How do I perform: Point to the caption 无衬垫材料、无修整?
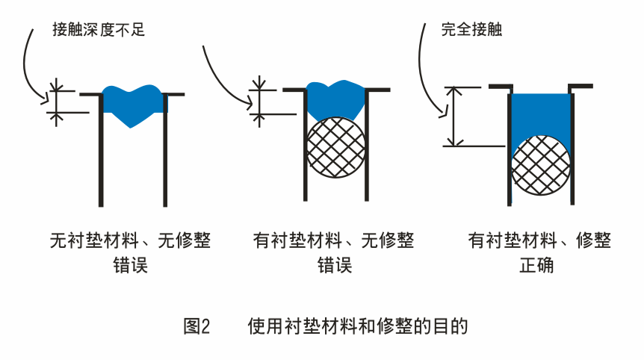click(130, 241)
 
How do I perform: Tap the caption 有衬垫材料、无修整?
click(334, 241)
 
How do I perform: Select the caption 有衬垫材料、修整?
click(539, 241)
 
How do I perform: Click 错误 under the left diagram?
click(129, 265)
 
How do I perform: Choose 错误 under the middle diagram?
click(334, 265)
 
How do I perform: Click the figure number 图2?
click(197, 326)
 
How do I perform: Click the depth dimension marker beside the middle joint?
click(259, 99)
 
